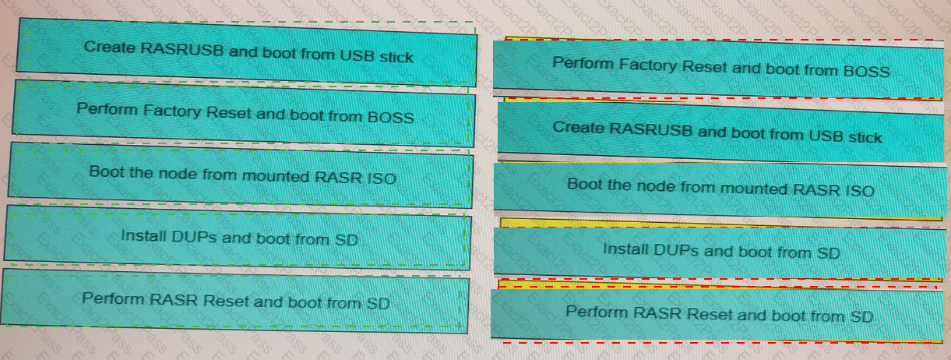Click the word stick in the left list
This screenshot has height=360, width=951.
[396, 56]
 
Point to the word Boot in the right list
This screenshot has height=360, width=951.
[584, 185]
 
